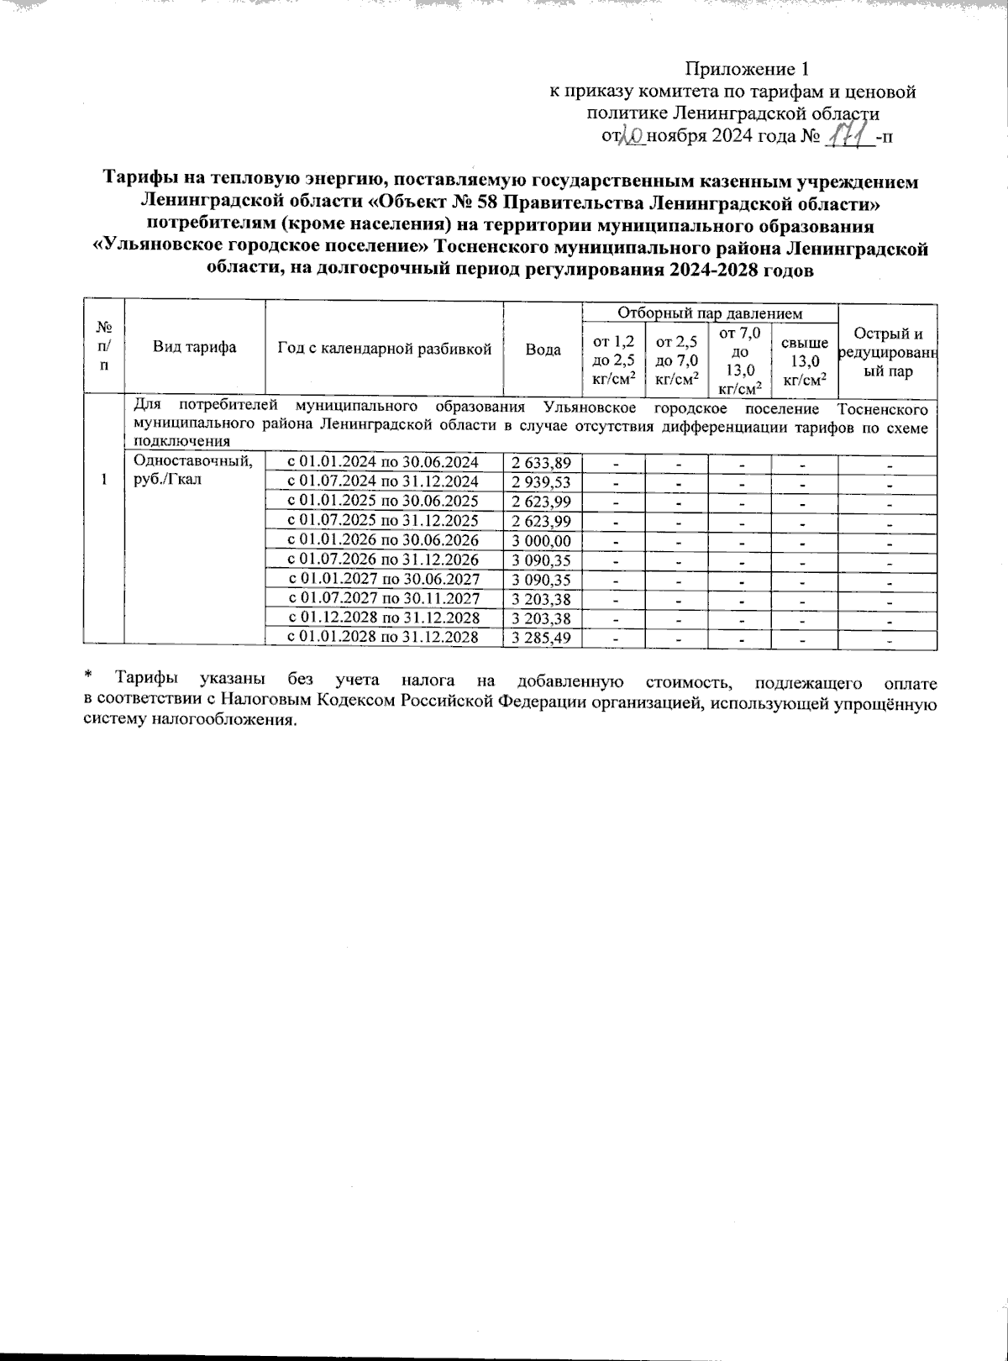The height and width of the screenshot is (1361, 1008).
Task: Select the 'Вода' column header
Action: point(543,349)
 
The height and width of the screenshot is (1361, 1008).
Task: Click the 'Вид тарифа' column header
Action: point(194,348)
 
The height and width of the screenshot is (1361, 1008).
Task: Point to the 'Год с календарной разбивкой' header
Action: point(384,349)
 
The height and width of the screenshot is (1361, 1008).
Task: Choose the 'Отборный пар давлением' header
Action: point(710,313)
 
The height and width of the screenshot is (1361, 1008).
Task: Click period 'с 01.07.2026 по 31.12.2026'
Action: point(383,560)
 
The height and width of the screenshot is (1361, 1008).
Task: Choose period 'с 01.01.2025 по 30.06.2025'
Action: point(383,502)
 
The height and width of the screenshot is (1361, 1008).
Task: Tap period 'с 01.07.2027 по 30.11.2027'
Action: point(383,598)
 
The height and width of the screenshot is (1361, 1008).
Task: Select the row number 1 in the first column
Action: point(103,479)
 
